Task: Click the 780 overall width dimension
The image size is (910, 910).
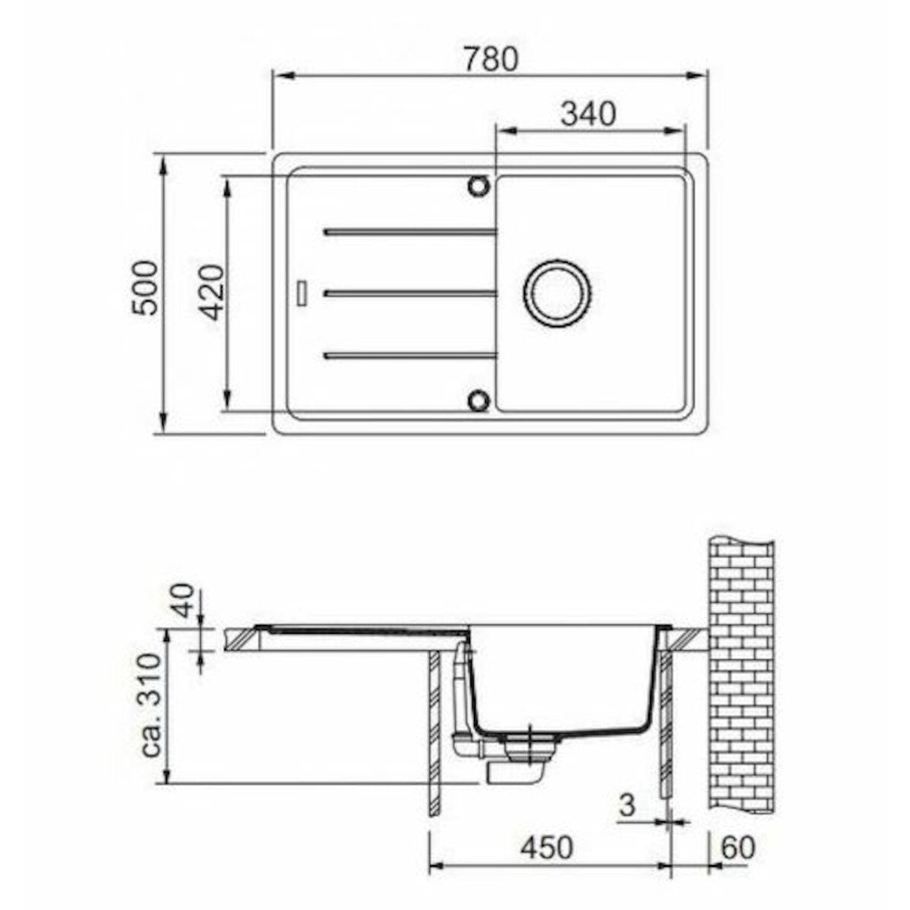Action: pyautogui.click(x=491, y=59)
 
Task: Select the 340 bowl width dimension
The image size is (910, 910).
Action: pyautogui.click(x=588, y=115)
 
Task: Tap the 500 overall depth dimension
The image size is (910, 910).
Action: pyautogui.click(x=144, y=287)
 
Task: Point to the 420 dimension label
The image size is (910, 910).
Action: pyautogui.click(x=209, y=293)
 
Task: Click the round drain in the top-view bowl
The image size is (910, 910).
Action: pyautogui.click(x=557, y=293)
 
